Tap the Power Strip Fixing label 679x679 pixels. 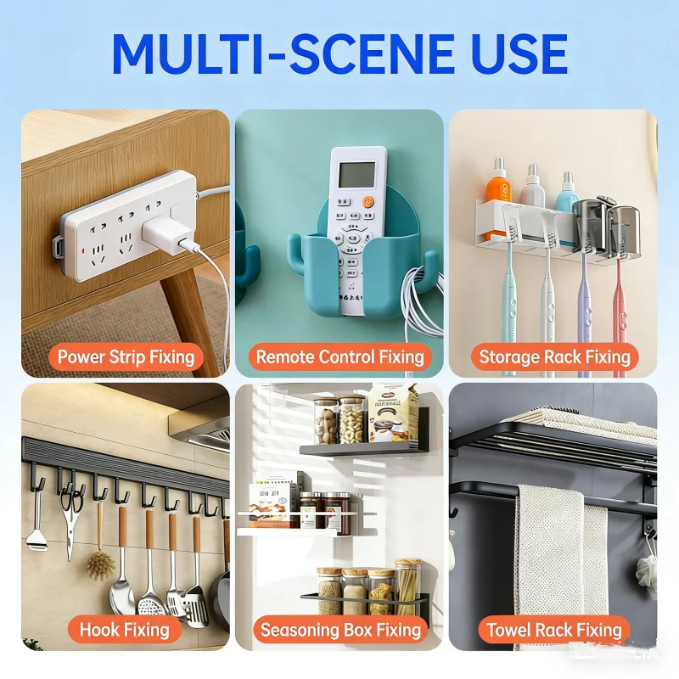coord(126,357)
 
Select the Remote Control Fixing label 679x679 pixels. coord(340,357)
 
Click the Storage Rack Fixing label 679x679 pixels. coord(555,357)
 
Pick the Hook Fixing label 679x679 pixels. coord(125,630)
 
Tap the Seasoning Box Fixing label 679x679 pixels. coord(341,630)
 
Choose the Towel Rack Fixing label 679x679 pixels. coord(554,630)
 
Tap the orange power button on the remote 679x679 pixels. coord(368,201)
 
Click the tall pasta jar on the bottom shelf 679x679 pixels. coord(407,587)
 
